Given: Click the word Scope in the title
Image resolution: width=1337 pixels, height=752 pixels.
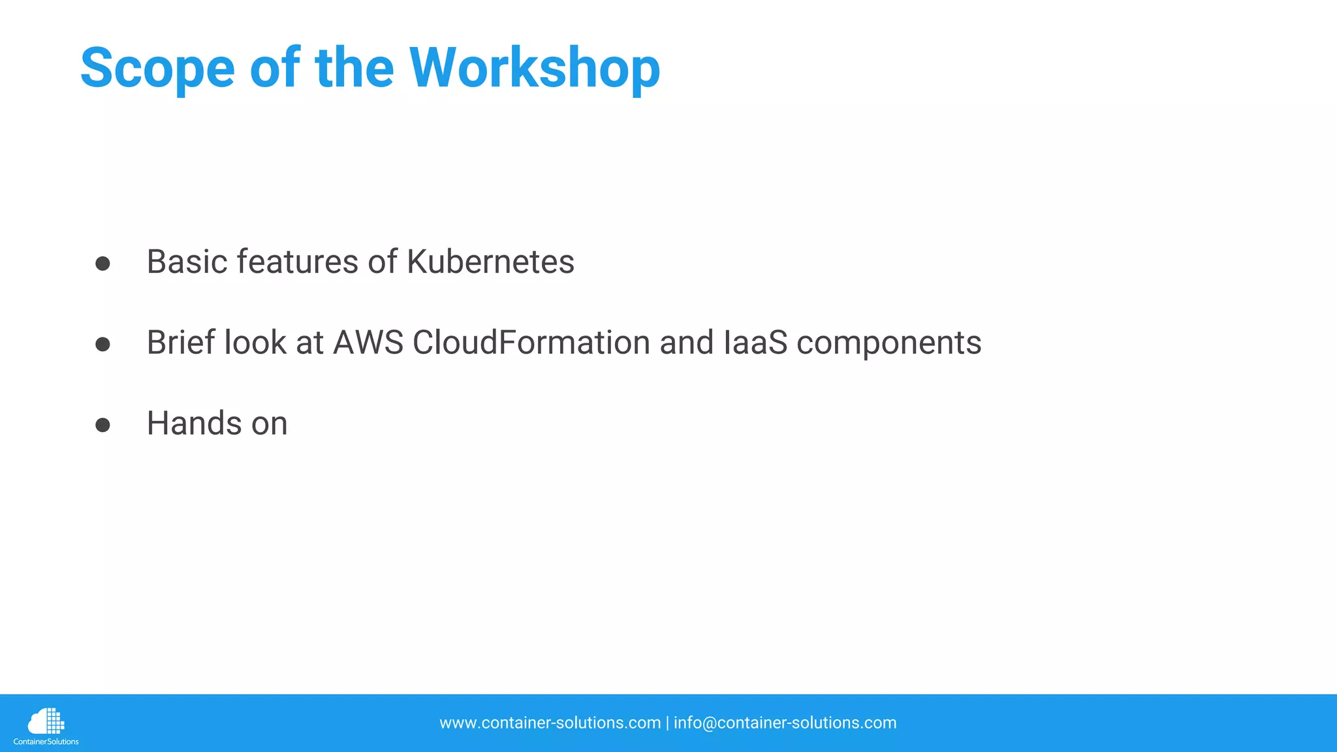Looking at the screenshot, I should (x=157, y=69).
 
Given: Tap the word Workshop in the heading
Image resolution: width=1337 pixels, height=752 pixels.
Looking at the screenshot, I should (x=535, y=69).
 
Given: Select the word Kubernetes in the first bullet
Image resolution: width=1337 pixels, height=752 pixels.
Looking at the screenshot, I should (x=490, y=262).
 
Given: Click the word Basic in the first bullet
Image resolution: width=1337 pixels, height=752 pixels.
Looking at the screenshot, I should (x=186, y=262).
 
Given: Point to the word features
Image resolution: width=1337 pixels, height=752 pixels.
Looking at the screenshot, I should (x=297, y=262).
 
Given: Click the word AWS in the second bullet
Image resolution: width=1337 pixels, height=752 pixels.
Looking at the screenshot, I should (x=368, y=343).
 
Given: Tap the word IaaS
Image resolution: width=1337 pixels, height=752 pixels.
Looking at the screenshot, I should (x=755, y=343).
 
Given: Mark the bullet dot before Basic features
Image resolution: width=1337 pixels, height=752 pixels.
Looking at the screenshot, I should (x=102, y=264).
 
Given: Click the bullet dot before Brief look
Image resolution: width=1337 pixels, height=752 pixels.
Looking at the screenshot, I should (x=102, y=345).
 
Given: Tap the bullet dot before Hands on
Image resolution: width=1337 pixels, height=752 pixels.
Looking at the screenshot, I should (x=102, y=426).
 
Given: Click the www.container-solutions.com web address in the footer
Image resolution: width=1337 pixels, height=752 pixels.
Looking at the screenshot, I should (x=550, y=723).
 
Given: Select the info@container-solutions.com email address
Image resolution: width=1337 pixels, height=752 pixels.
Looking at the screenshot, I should (x=785, y=723).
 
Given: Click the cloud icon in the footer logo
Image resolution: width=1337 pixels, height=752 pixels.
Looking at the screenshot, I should (x=45, y=721).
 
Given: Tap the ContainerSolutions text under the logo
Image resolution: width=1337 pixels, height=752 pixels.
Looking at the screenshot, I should (x=46, y=742).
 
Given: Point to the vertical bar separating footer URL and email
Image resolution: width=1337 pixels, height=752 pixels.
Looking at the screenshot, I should (x=667, y=723).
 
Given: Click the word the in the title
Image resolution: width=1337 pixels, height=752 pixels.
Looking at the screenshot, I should (x=354, y=69).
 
